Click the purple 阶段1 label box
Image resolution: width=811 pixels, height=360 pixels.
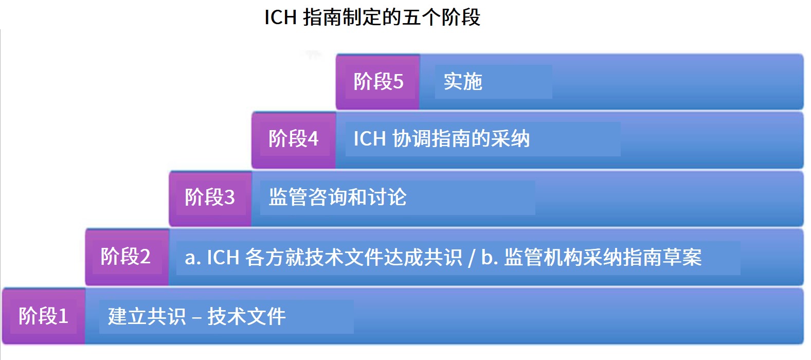43,316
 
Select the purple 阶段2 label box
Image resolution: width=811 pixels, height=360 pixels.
127,257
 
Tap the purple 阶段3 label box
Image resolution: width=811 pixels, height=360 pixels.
210,199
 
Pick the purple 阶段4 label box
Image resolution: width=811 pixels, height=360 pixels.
294,140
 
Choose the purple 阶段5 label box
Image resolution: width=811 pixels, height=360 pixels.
377,81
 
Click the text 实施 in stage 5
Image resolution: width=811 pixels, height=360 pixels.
463,81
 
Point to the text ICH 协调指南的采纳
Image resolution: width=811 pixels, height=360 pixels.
441,139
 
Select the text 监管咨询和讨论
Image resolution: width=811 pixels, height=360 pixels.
337,197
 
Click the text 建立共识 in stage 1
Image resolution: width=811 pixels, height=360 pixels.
147,316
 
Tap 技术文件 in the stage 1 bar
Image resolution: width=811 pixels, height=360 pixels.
246,316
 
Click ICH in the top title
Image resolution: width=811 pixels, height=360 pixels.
281,17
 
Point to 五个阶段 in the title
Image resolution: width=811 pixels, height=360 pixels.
441,17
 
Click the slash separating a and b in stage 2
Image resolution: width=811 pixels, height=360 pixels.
471,258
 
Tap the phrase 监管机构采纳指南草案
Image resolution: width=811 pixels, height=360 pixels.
603,258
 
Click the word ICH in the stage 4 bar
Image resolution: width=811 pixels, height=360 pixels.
370,139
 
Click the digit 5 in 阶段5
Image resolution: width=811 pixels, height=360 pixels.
398,81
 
